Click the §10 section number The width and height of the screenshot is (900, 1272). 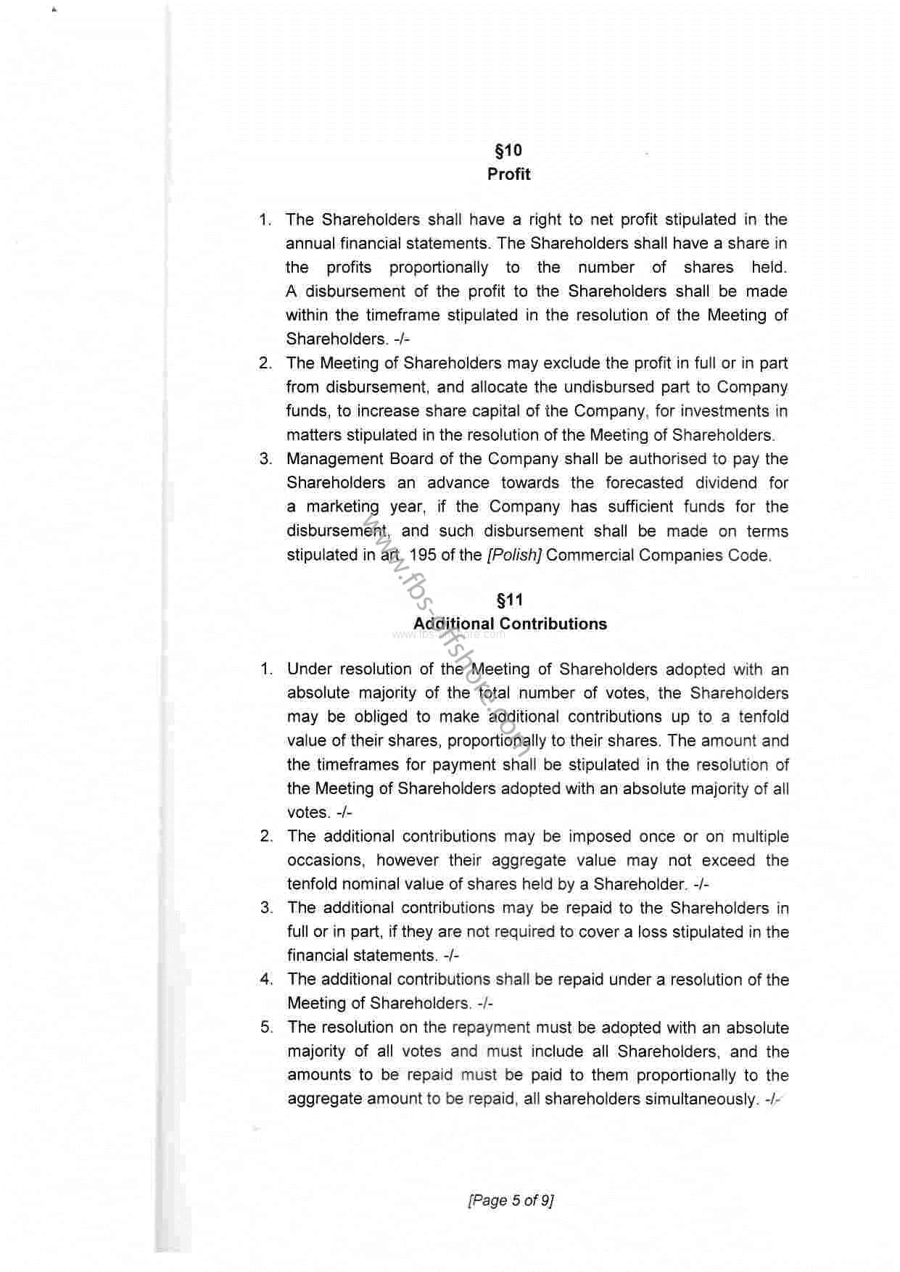508,151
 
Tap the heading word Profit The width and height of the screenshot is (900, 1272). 508,175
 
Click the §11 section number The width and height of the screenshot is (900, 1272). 508,600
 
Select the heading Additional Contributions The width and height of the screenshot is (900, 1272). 510,624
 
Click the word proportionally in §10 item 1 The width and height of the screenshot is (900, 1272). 438,268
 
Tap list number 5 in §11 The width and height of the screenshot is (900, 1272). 267,1028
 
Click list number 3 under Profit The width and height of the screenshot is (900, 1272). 265,459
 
